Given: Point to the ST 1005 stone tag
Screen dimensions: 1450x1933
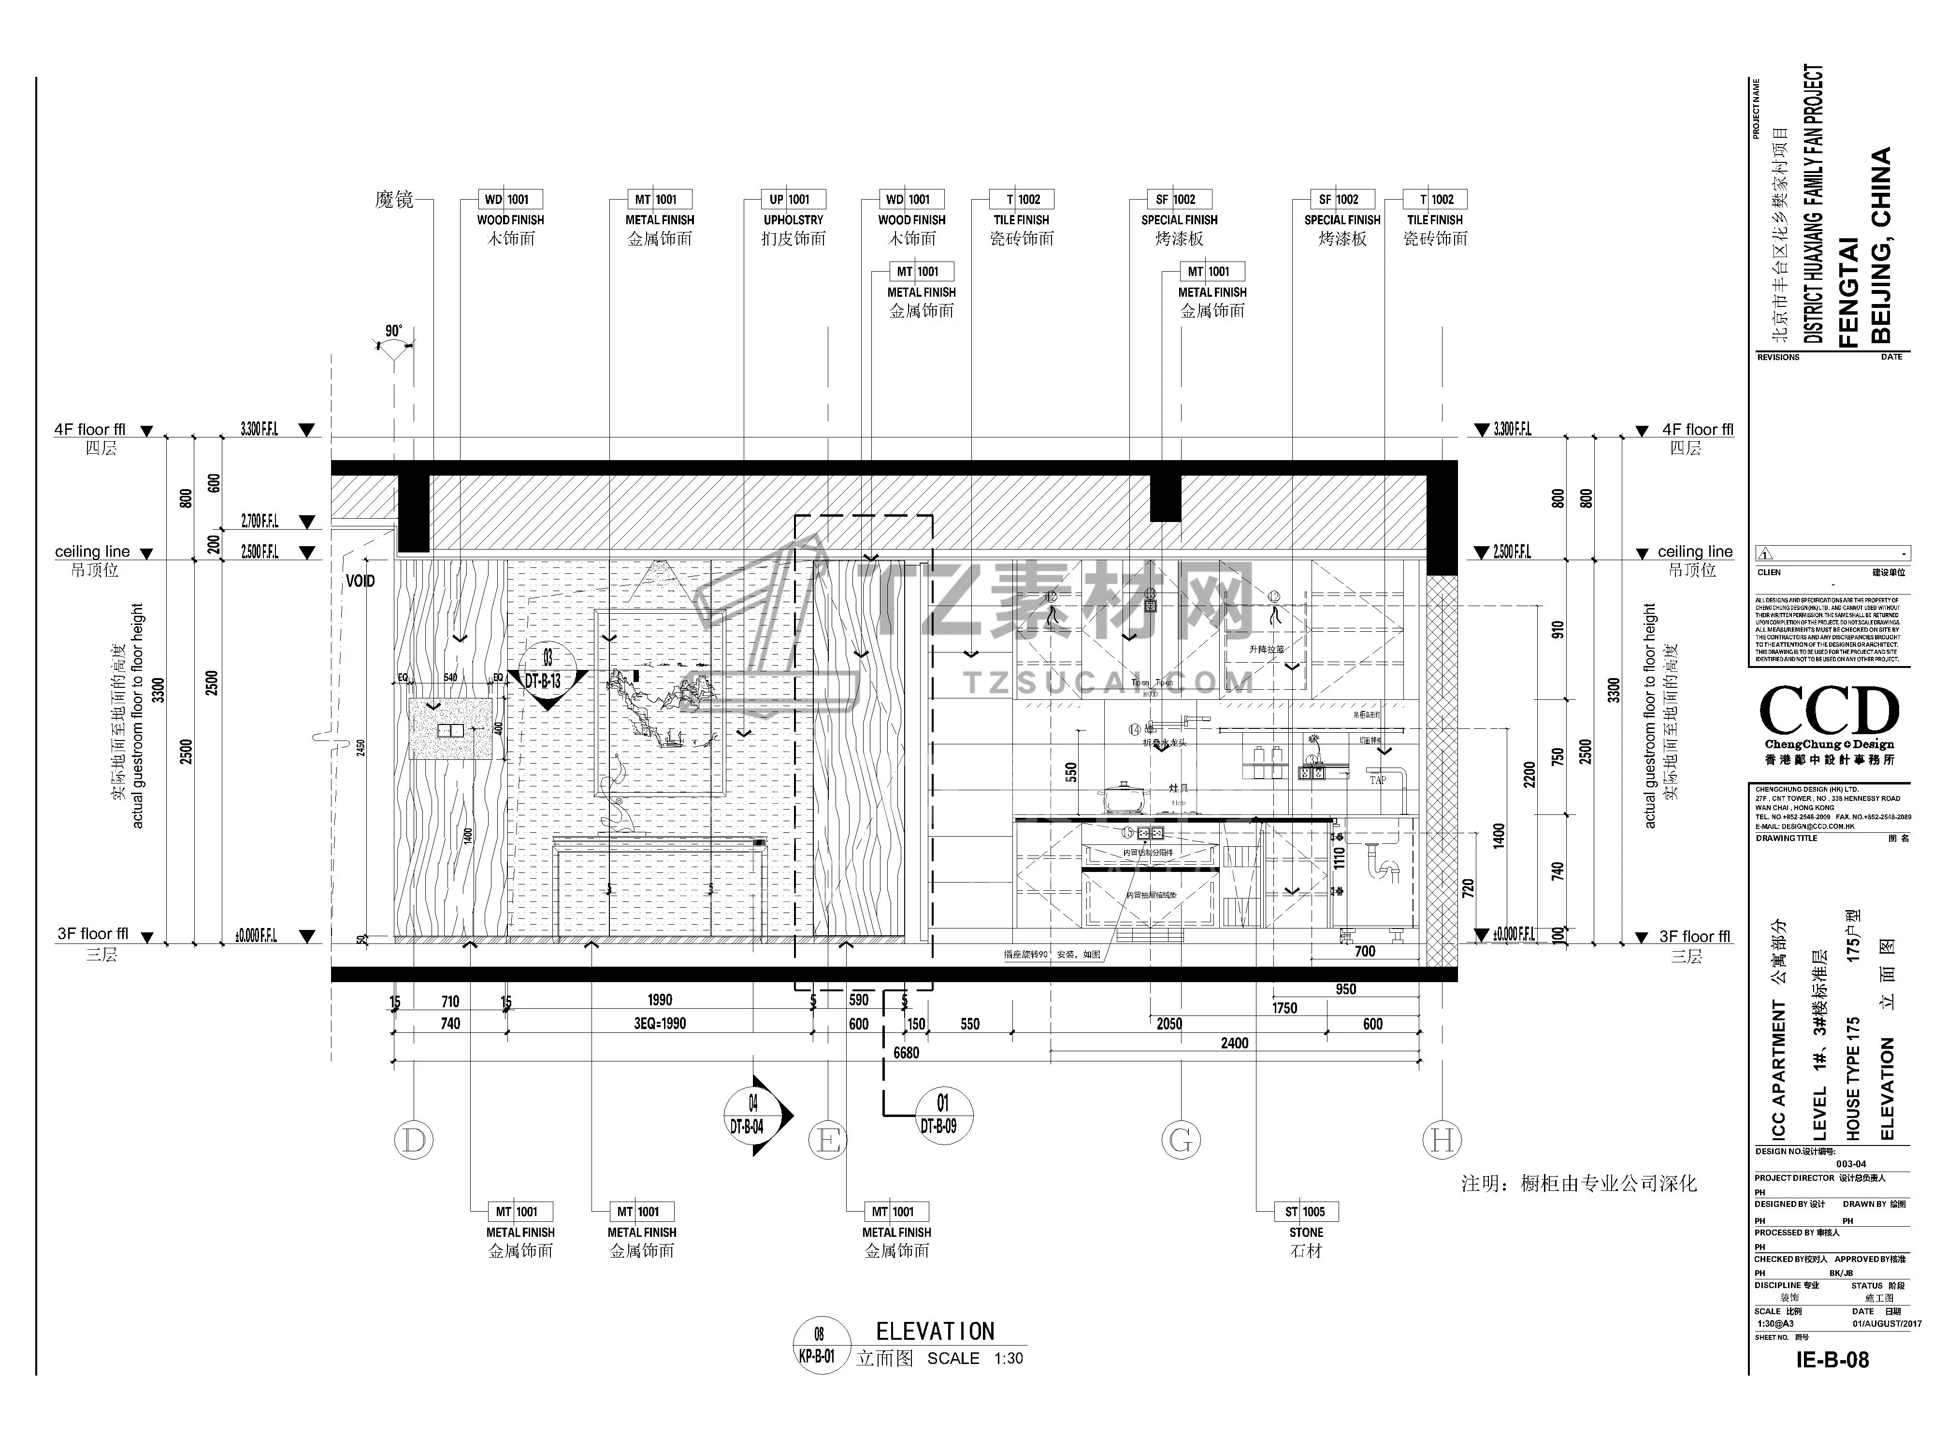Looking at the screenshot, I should tap(1306, 1211).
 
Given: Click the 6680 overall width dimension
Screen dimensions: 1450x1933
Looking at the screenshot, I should tap(906, 1053).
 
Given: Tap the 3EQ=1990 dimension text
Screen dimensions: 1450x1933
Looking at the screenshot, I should tap(660, 1024).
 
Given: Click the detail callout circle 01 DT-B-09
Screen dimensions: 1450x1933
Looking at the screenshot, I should tap(942, 1115).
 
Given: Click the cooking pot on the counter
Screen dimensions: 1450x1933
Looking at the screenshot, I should tap(1121, 796).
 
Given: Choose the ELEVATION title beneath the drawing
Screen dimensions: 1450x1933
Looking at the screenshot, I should tap(935, 1331).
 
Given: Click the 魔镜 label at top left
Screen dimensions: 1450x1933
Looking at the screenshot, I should tap(394, 200).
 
